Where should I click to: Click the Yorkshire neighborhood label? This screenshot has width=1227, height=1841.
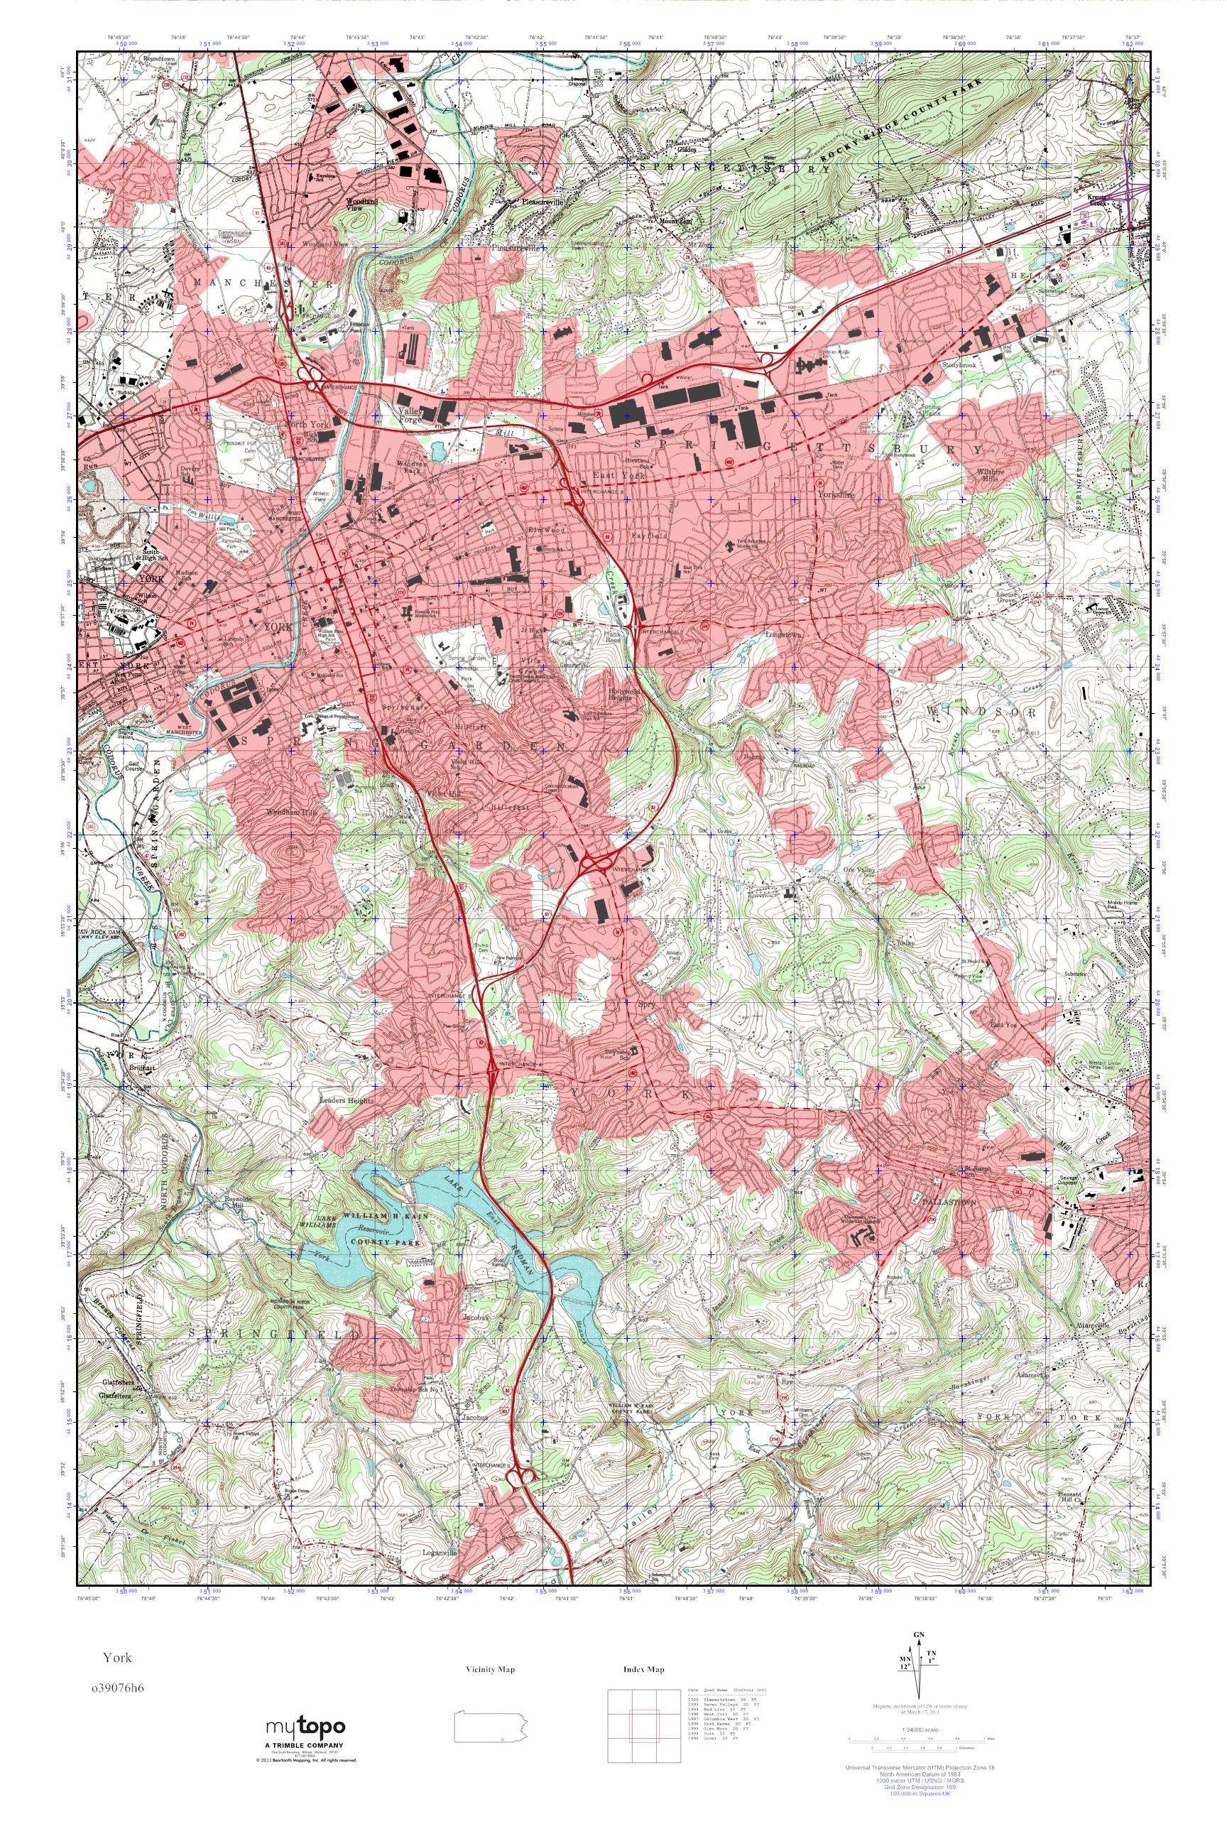(836, 494)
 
